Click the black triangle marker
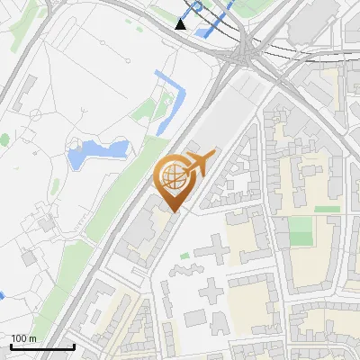182,24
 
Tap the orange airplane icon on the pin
200,163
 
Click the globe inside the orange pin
173,176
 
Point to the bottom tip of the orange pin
173,212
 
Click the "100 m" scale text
23,338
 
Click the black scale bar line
41,346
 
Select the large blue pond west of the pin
94,153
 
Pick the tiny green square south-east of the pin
184,256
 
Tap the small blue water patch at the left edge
2,294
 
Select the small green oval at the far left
4,140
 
